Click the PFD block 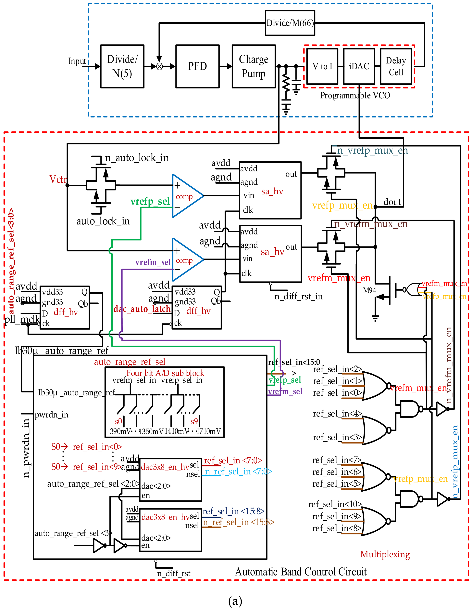tap(197, 66)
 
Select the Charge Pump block tap(253, 66)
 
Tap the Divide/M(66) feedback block tap(290, 23)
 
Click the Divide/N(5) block tap(122, 66)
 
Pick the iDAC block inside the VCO tap(359, 66)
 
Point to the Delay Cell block tap(396, 66)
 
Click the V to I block tap(322, 66)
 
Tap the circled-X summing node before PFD tap(159, 66)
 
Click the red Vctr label tap(58, 179)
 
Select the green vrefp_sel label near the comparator tap(150, 201)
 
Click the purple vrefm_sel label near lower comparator tap(153, 262)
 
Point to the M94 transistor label tap(369, 290)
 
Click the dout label tap(392, 202)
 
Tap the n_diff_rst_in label tap(298, 296)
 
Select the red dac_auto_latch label tap(142, 309)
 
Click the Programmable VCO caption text tap(355, 96)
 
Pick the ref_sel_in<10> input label tap(335, 504)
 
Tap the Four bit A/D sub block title tap(165, 373)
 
